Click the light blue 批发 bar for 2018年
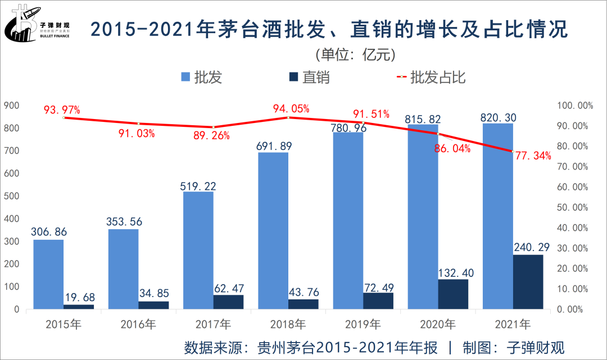coord(273,230)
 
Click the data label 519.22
coord(198,186)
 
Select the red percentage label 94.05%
coord(291,109)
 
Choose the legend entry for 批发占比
coord(431,78)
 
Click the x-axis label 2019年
coord(363,324)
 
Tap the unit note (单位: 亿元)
coord(355,54)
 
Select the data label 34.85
coord(153,293)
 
